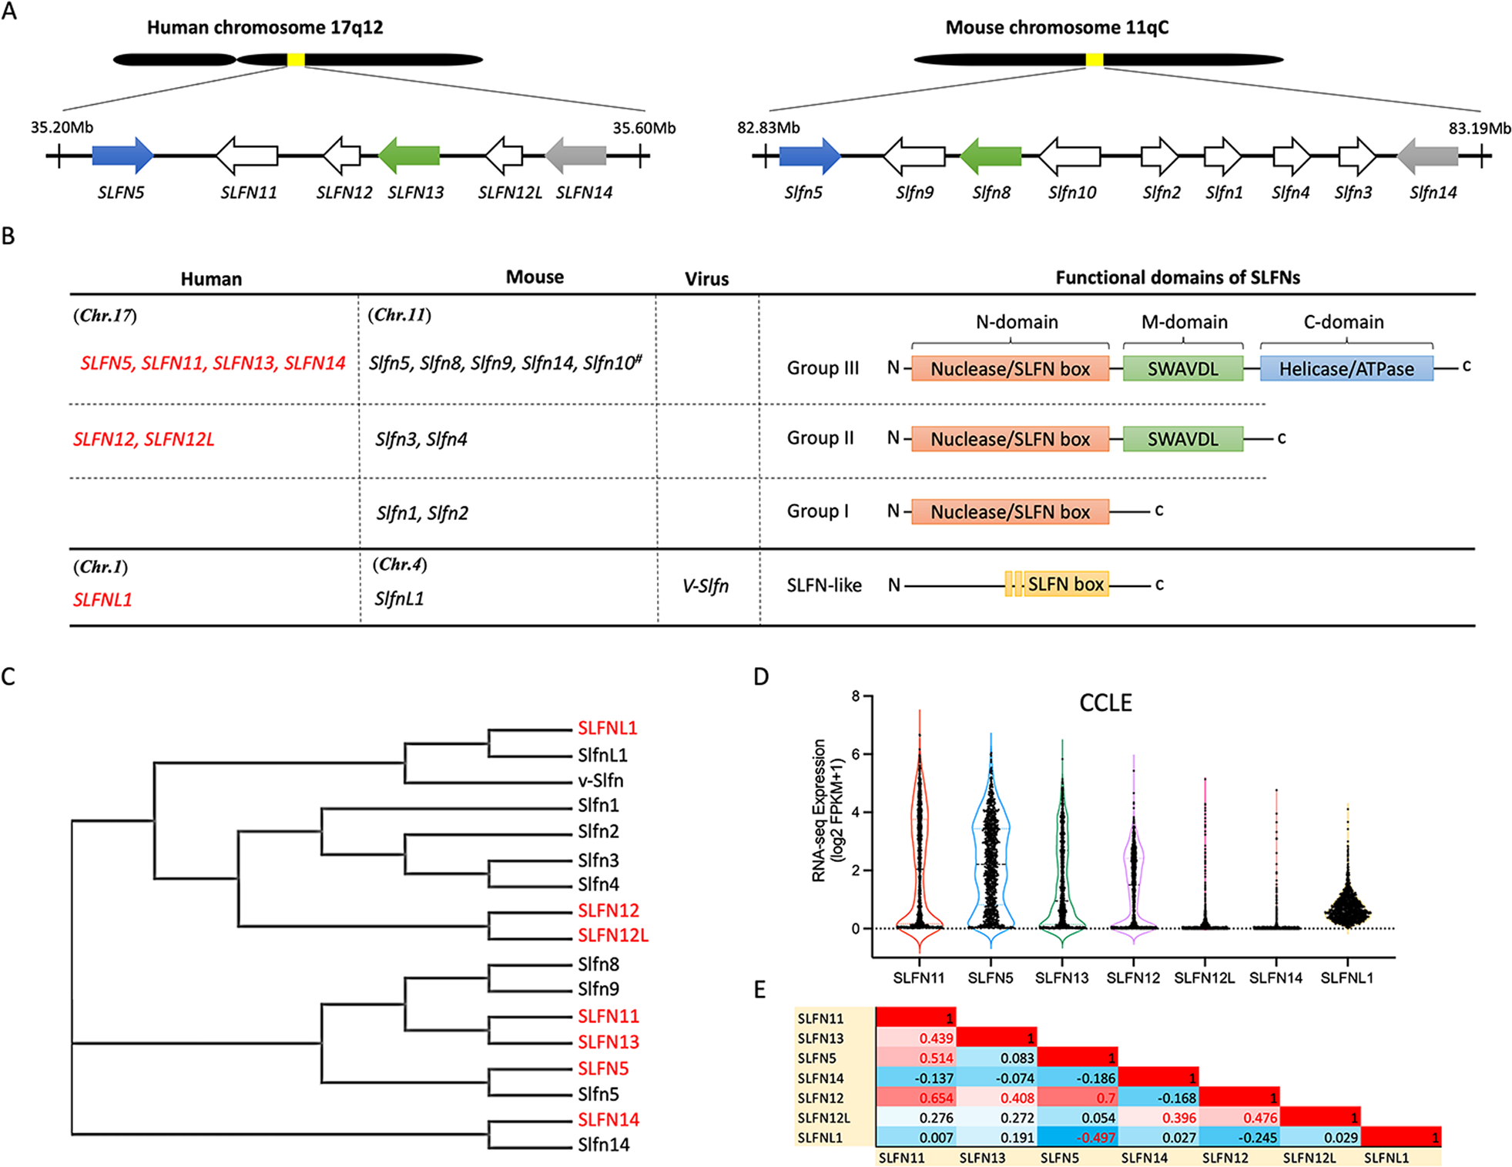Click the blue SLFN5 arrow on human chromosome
click(122, 156)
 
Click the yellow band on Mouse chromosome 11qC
click(1094, 59)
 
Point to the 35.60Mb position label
click(644, 128)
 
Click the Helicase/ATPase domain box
click(1346, 369)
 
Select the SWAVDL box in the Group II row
click(1182, 439)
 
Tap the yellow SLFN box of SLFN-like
click(1065, 585)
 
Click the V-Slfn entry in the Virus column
click(705, 586)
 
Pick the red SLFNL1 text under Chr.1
click(102, 600)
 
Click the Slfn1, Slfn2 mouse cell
click(421, 513)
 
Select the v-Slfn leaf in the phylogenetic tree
click(601, 780)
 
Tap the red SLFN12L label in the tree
click(613, 935)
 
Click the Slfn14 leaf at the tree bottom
click(603, 1145)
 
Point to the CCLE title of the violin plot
click(1105, 703)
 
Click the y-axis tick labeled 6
click(856, 754)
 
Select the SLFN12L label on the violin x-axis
click(1204, 978)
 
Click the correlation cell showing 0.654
click(916, 1098)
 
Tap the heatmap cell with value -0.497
click(1078, 1138)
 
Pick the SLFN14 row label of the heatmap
click(821, 1078)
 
